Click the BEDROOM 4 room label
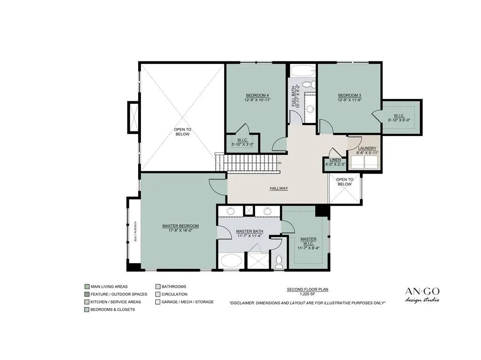tap(257, 95)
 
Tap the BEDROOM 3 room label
tap(349, 95)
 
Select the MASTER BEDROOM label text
tap(180, 226)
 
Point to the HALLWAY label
tap(279, 188)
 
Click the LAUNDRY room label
tap(367, 148)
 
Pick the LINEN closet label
tap(335, 160)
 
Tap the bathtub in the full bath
tap(303, 71)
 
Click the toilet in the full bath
tap(310, 84)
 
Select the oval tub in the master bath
tap(231, 261)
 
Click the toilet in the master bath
tap(279, 261)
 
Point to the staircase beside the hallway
tap(247, 163)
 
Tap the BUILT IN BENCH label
tap(135, 231)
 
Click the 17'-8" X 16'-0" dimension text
tap(180, 230)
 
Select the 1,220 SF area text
tap(307, 294)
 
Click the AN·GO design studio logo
tap(422, 295)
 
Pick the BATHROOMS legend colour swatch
tap(158, 287)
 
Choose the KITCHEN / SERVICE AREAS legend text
tap(116, 302)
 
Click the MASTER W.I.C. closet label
tap(308, 241)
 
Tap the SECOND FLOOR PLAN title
tap(307, 290)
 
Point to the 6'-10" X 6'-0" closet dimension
tap(399, 120)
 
